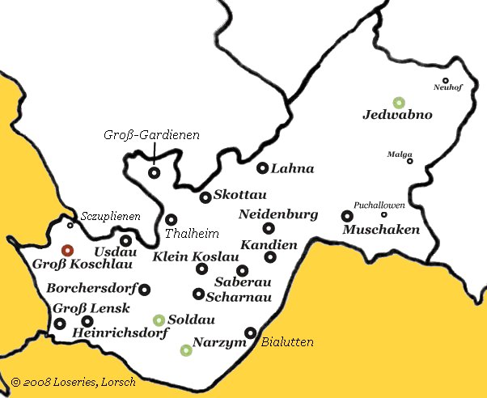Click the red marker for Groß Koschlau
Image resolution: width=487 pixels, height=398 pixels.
(67, 251)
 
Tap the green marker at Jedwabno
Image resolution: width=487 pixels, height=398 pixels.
(398, 103)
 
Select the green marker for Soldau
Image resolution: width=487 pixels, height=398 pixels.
(159, 320)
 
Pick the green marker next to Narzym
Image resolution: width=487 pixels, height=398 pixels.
(186, 350)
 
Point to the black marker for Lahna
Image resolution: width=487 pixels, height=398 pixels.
(262, 168)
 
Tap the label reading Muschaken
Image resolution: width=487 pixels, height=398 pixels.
(382, 230)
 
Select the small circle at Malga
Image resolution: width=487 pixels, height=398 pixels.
(409, 161)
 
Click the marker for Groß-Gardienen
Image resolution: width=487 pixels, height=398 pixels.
(154, 172)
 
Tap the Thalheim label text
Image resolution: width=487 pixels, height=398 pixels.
(192, 234)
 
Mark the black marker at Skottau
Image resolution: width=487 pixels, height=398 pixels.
(205, 197)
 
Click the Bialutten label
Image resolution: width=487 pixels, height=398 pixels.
(287, 343)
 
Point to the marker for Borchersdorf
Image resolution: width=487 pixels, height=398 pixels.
(145, 289)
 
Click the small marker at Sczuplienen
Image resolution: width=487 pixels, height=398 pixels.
(70, 226)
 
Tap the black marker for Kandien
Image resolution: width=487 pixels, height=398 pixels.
(270, 257)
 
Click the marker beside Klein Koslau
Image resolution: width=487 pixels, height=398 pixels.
(201, 269)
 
